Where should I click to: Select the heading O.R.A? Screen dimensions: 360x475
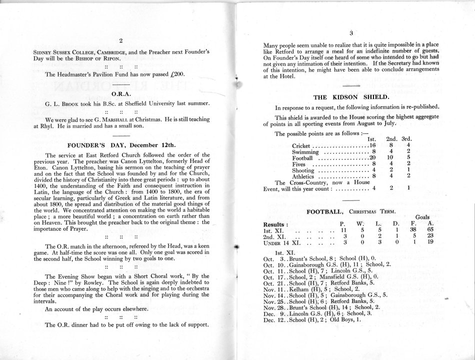[x=120, y=93]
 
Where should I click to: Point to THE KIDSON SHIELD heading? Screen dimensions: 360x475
[x=351, y=96]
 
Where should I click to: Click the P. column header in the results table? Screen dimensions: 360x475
[x=342, y=224]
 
